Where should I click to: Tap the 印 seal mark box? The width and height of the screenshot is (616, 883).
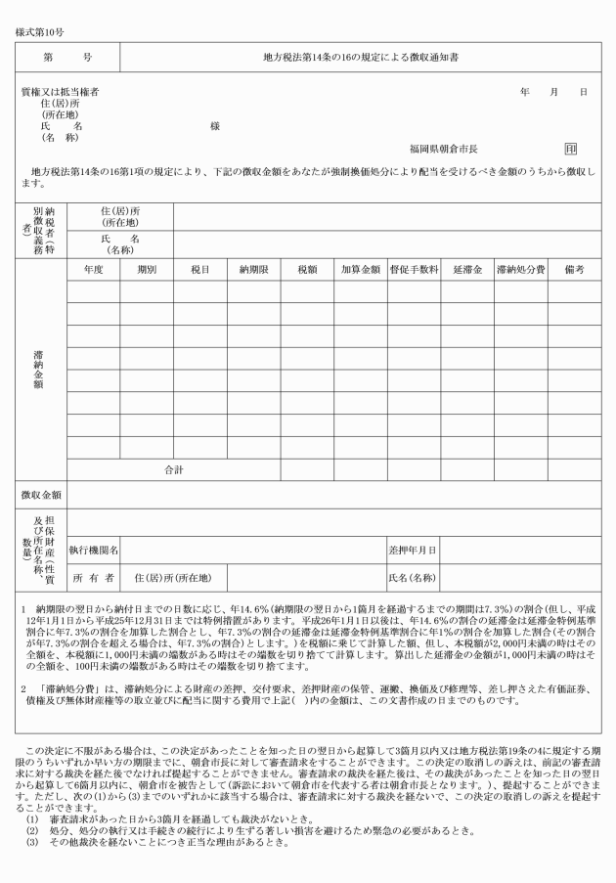(x=571, y=149)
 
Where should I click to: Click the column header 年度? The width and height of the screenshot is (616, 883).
(x=94, y=268)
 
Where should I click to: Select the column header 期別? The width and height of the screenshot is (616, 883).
(x=147, y=268)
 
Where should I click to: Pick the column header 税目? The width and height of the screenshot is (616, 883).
(x=200, y=268)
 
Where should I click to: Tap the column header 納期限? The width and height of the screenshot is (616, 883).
(x=253, y=268)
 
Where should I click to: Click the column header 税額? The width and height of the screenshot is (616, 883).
(x=307, y=268)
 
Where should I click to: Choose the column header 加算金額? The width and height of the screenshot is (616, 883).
(x=360, y=268)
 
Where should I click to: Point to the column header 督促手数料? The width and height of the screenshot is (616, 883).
(x=414, y=268)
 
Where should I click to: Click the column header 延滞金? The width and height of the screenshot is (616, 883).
(x=466, y=268)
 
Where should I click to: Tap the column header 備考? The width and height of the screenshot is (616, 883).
(x=574, y=268)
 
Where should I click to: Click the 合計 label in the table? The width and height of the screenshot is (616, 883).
(x=174, y=470)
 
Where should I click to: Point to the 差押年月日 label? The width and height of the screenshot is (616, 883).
(x=413, y=552)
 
